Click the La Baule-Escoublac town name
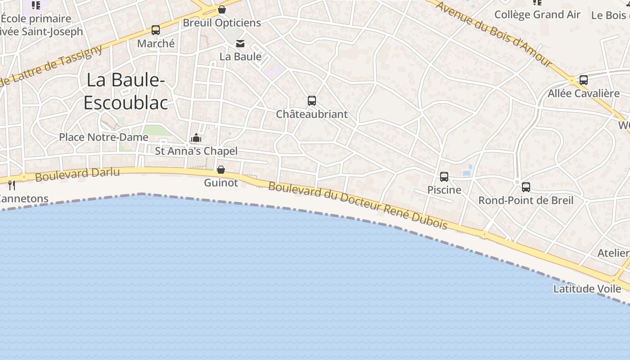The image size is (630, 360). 126,91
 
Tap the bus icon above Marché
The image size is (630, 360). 156,30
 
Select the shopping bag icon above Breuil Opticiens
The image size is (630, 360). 221,9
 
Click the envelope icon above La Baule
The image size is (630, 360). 240,43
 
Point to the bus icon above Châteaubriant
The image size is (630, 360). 312,101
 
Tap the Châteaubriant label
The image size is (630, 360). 312,114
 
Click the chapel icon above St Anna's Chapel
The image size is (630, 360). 196,138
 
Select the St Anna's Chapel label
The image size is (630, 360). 196,151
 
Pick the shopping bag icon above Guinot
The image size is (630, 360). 221,170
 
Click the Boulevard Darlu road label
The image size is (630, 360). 77,174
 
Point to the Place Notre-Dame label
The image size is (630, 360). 103,137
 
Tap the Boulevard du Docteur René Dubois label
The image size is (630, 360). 358,205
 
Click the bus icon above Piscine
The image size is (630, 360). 444,177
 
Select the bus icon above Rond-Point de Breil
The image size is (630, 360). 526,187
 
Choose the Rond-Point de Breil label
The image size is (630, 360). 526,200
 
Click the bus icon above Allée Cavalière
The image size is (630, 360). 584,80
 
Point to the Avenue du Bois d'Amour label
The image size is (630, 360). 494,34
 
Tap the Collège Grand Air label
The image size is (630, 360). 537,15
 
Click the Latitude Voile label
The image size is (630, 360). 587,289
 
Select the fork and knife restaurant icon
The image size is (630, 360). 12,185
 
